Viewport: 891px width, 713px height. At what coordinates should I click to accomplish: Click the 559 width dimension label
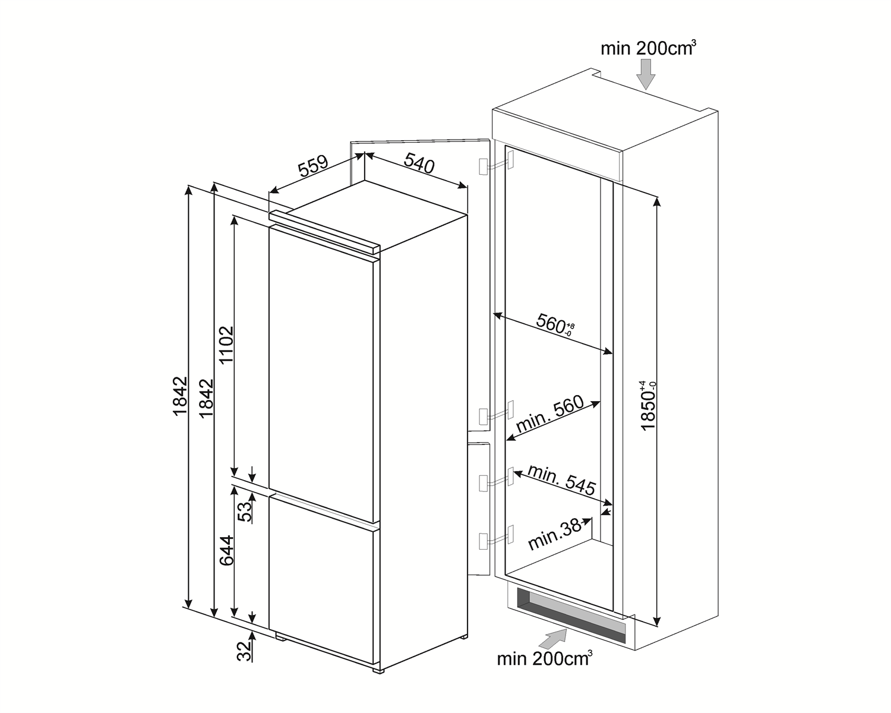point(314,166)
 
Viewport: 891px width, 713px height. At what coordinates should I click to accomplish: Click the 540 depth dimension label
point(419,163)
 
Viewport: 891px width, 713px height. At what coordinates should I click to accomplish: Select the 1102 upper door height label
point(226,345)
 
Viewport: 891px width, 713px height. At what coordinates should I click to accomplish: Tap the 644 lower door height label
point(226,551)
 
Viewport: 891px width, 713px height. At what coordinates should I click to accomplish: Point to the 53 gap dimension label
point(244,512)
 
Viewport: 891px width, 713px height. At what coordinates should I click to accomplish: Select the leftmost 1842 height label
point(181,396)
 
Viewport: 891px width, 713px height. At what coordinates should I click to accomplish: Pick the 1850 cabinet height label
point(649,406)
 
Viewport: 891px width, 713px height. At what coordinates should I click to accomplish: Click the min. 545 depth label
point(562,480)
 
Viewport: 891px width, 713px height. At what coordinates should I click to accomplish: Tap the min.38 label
point(555,535)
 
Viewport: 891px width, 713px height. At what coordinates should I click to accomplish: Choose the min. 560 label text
point(550,414)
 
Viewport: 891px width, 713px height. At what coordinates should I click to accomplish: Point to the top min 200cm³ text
point(648,48)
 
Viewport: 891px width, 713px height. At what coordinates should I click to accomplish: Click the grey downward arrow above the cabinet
point(646,74)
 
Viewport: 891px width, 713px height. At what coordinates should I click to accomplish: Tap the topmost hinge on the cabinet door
point(496,164)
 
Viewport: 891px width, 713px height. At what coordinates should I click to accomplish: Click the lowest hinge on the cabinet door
point(496,537)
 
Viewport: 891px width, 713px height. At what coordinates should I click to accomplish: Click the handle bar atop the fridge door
point(324,232)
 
